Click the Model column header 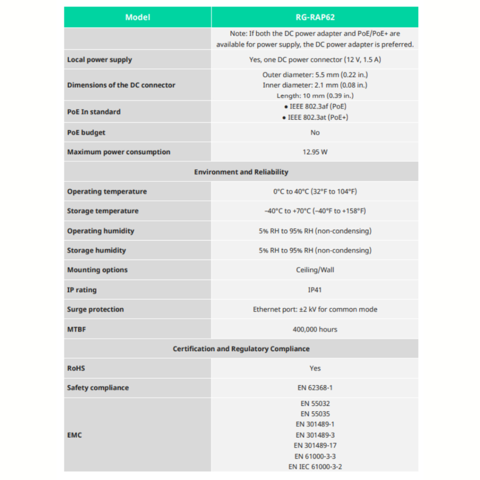(x=138, y=17)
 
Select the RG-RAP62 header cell (x=315, y=17)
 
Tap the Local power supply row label (x=99, y=60)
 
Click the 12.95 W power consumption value (x=315, y=152)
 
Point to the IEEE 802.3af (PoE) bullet (x=315, y=106)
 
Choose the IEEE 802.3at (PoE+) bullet (x=315, y=117)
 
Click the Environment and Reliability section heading (x=241, y=172)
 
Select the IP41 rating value (x=315, y=290)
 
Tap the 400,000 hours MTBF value (x=315, y=329)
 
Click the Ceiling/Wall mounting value (x=315, y=270)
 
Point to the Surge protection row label (x=95, y=309)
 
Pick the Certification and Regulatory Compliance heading (x=241, y=349)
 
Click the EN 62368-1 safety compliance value (x=315, y=388)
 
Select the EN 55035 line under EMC (x=315, y=413)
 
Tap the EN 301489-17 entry (x=315, y=445)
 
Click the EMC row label (x=74, y=435)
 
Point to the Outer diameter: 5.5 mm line (x=315, y=75)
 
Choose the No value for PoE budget (x=315, y=133)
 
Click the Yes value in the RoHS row (x=315, y=368)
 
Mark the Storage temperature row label (x=103, y=211)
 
